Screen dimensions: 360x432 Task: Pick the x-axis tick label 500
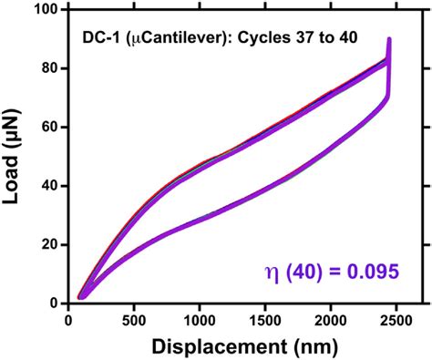(x=134, y=319)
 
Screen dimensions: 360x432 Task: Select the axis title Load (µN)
(x=15, y=156)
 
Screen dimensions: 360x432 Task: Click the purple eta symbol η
(x=296, y=273)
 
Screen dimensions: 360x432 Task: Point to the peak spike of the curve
(x=389, y=39)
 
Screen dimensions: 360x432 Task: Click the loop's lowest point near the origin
(x=81, y=297)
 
